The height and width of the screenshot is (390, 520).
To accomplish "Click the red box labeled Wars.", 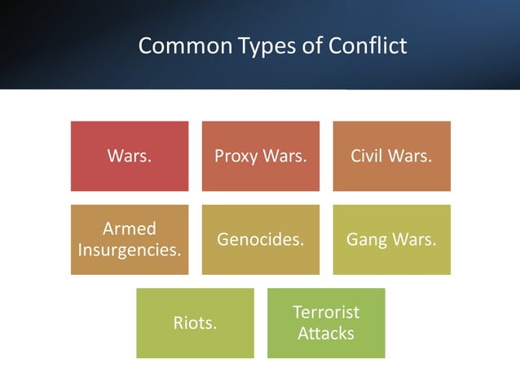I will (130, 156).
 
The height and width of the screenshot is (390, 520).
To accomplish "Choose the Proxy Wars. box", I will (261, 156).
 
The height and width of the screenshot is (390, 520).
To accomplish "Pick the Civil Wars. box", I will (391, 156).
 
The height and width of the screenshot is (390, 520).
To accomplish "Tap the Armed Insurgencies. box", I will (130, 239).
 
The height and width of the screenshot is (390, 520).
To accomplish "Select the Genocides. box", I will (261, 239).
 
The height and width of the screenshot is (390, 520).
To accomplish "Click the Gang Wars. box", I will (391, 239).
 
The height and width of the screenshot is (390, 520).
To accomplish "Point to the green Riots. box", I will (195, 323).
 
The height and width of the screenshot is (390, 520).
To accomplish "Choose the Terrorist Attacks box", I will (326, 323).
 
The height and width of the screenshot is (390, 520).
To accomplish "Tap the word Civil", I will (368, 156).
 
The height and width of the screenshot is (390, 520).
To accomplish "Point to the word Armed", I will (130, 228).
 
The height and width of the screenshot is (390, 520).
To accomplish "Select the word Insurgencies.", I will (130, 250).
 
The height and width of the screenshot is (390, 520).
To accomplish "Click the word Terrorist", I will (326, 312).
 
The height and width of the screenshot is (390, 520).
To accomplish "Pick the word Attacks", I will (326, 334).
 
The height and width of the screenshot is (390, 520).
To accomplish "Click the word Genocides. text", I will (261, 240).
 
